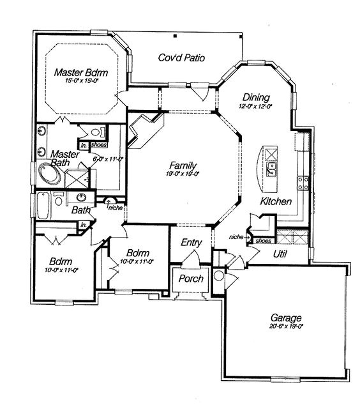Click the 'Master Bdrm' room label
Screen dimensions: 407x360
click(x=80, y=72)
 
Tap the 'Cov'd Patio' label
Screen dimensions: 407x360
click(x=181, y=58)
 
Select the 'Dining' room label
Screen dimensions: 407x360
click(x=254, y=97)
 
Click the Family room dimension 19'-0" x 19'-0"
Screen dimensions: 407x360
click(x=183, y=173)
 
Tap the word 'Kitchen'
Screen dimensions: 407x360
click(x=276, y=201)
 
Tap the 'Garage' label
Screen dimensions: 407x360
click(x=285, y=317)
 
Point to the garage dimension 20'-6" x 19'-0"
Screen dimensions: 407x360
click(x=285, y=326)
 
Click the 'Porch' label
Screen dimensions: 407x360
click(x=190, y=279)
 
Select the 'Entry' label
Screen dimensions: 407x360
click(x=191, y=242)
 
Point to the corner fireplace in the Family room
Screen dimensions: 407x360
click(x=142, y=130)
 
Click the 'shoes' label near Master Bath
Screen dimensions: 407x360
click(x=99, y=145)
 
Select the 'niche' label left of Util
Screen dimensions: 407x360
click(x=236, y=237)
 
